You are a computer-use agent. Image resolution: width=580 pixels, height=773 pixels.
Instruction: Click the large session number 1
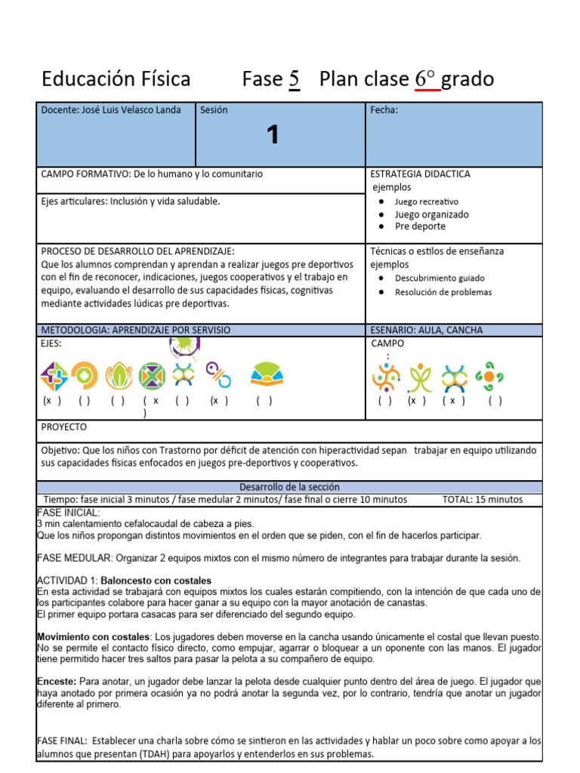coord(273,135)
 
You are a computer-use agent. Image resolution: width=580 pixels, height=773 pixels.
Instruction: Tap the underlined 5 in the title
coord(294,79)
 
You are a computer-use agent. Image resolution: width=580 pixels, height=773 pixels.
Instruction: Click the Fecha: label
coord(384,110)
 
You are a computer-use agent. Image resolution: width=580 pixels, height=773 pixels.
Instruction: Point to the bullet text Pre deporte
coord(420,226)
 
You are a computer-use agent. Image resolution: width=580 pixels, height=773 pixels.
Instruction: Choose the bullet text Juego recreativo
coord(426,202)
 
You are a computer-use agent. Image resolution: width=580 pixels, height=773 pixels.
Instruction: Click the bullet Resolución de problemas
coord(443,292)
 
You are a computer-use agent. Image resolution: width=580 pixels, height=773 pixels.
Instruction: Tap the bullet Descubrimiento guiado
coord(440,278)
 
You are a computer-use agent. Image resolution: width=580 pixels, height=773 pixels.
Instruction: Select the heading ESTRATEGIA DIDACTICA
coord(420,174)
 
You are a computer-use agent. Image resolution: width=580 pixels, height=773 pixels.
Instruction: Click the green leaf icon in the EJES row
coord(119,375)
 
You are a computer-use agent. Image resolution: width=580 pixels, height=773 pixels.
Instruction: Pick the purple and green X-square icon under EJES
coord(152,375)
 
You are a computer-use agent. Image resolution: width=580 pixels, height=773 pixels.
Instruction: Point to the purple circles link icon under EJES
coord(218,374)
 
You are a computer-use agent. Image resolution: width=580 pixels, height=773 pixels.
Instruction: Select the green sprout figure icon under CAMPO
coord(420,377)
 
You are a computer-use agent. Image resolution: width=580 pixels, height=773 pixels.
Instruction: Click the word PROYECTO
coord(63,427)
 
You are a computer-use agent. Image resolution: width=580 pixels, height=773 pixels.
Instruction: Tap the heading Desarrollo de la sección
coord(289,487)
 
